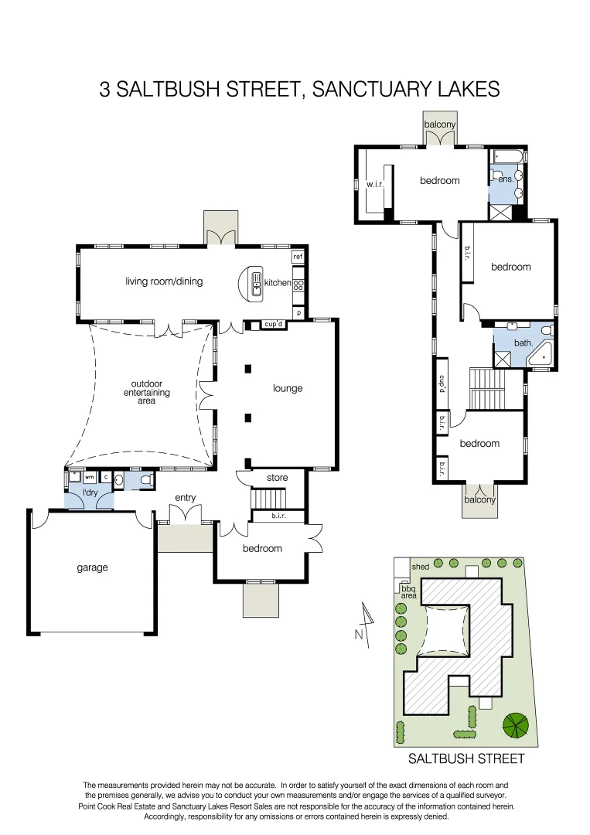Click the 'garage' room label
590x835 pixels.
[92, 567]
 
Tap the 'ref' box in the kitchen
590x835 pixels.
[298, 257]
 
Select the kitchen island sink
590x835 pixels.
[255, 284]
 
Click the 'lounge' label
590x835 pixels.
[287, 388]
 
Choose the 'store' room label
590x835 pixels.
[277, 478]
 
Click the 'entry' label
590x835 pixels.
[185, 497]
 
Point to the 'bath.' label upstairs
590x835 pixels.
[523, 342]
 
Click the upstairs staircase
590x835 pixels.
[486, 389]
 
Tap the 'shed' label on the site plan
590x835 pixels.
[420, 567]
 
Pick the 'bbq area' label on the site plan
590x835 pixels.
[408, 592]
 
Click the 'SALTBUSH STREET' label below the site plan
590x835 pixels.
[466, 758]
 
